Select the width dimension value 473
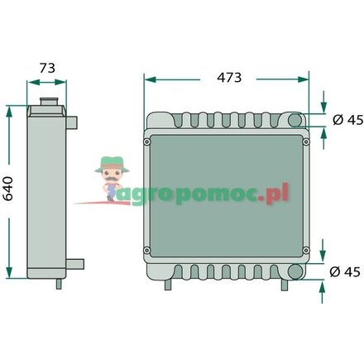point(228,77)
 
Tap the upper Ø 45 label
point(346,121)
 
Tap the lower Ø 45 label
point(346,272)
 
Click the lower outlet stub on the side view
point(76,264)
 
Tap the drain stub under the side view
point(57,283)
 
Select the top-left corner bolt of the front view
point(147,141)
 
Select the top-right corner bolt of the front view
point(305,141)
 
